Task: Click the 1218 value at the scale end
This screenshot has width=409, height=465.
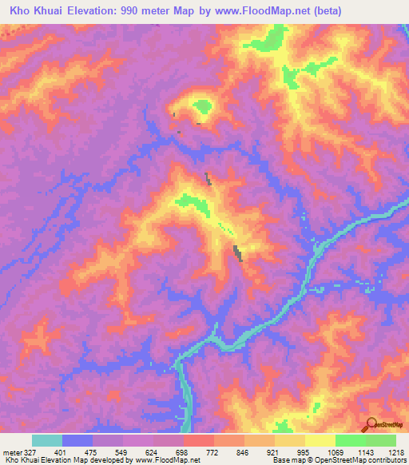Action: coord(395,451)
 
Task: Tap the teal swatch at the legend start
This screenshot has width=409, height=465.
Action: coord(46,440)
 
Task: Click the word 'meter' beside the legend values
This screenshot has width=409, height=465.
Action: coord(11,451)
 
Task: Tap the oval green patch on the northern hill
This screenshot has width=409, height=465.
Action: coord(201,106)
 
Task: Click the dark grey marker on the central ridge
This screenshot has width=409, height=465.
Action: coord(237,253)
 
